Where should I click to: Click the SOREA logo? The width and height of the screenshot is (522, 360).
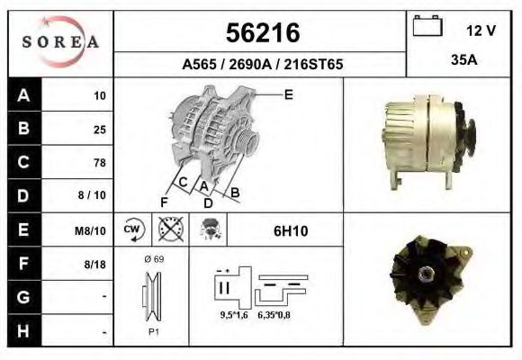[x=60, y=42]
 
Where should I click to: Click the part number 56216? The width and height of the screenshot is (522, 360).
[x=261, y=32]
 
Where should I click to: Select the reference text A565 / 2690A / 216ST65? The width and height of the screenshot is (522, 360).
[x=262, y=65]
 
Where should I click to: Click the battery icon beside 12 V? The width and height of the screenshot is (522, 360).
[x=426, y=28]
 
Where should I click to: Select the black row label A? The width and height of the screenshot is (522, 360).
[x=23, y=95]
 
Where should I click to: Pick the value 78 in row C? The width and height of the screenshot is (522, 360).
[x=99, y=163]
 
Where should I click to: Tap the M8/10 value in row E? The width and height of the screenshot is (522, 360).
[x=92, y=230]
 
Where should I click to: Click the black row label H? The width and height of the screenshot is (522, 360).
[x=23, y=331]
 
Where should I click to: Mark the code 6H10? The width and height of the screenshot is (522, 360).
[x=291, y=230]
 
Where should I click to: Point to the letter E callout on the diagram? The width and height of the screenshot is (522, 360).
[x=288, y=94]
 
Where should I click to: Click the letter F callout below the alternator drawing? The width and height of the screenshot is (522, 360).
[x=164, y=202]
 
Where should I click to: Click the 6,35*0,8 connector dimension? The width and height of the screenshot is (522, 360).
[x=274, y=315]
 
